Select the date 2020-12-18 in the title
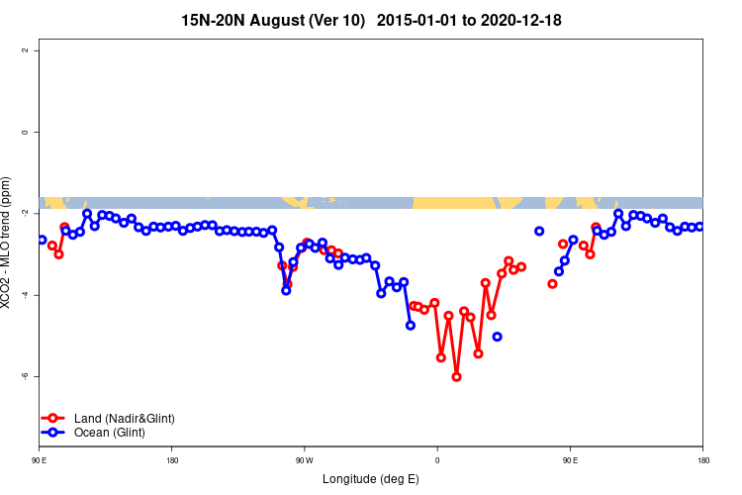523,21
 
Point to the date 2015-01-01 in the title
417,21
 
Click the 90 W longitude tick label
304,460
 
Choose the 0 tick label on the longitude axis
437,460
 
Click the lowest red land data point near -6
456,376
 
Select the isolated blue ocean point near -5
497,337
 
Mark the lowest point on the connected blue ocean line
411,325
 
